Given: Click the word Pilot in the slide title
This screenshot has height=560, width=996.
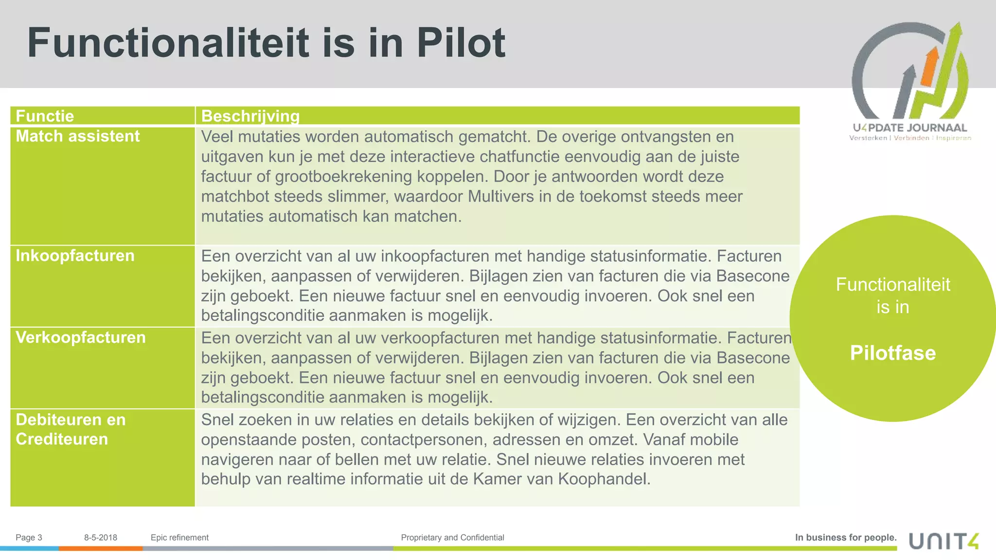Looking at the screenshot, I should pyautogui.click(x=461, y=43).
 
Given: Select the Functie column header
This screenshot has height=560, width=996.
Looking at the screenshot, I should pyautogui.click(x=45, y=116).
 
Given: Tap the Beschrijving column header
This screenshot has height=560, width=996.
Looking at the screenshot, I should pyautogui.click(x=250, y=116).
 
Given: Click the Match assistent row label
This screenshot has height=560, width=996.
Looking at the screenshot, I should pyautogui.click(x=78, y=136).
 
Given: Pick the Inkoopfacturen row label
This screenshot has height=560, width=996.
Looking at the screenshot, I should pyautogui.click(x=75, y=256).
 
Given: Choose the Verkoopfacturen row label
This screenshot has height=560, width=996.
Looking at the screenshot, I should pyautogui.click(x=81, y=337).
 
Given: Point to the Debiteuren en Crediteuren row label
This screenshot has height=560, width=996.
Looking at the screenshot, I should pyautogui.click(x=71, y=429).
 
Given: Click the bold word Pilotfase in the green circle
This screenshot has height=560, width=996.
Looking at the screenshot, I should pyautogui.click(x=892, y=353).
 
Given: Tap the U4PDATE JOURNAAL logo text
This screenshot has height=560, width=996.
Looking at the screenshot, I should pyautogui.click(x=909, y=128).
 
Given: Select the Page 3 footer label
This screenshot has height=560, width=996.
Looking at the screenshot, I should pyautogui.click(x=29, y=538).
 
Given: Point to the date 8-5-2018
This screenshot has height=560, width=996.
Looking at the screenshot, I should pyautogui.click(x=101, y=538).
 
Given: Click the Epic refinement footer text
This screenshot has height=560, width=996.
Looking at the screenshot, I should pyautogui.click(x=179, y=538).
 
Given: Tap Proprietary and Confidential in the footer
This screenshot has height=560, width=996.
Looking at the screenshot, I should pyautogui.click(x=452, y=538).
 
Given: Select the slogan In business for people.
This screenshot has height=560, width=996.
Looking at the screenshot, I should pyautogui.click(x=846, y=538).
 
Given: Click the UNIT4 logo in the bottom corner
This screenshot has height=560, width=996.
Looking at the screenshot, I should pyautogui.click(x=943, y=541).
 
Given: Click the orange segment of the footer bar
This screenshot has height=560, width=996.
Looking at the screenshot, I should pyautogui.click(x=101, y=548).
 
